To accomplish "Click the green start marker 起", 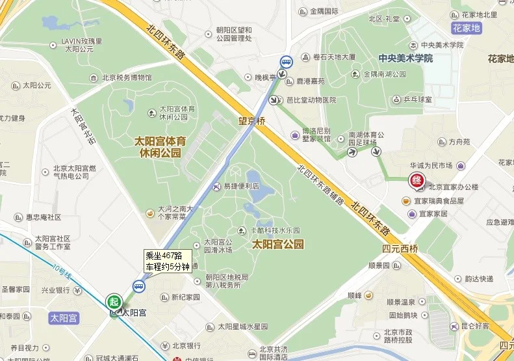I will (114, 302).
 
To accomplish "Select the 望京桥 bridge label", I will (251, 120).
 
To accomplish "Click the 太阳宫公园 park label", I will (278, 245).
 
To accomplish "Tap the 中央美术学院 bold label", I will (406, 59).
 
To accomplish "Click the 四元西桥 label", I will (398, 247).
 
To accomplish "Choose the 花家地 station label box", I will (467, 28).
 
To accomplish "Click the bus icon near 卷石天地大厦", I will (286, 62).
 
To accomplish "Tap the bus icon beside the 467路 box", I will (139, 286).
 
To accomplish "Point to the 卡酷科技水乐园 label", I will (272, 230).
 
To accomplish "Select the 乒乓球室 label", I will (413, 100).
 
